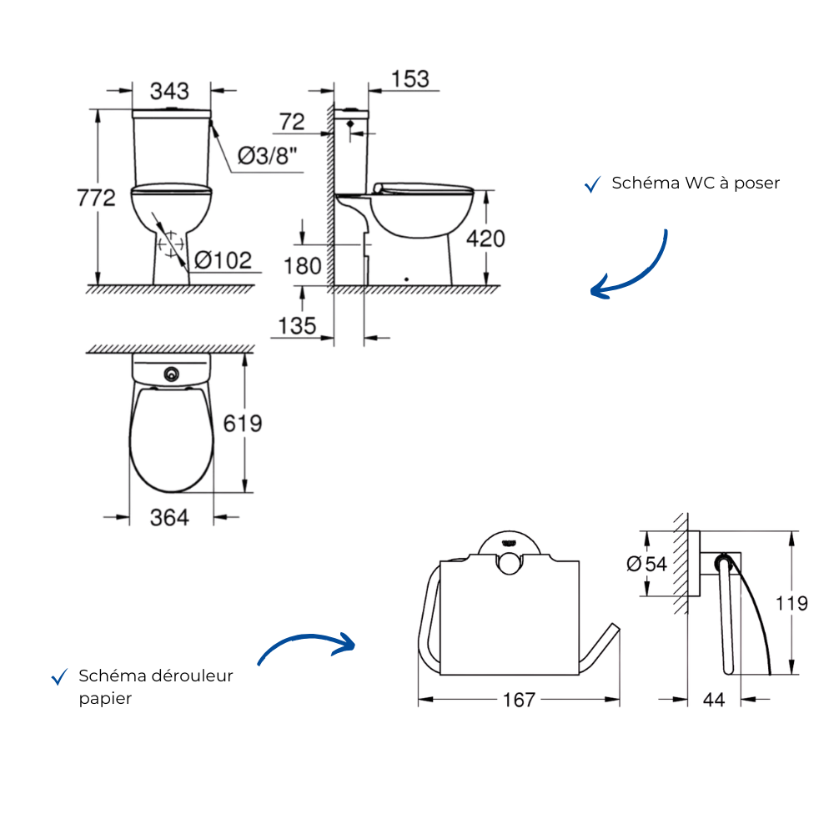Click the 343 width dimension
[169, 91]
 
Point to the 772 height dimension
[96, 198]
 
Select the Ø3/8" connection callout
[267, 156]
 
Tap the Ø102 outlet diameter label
[223, 260]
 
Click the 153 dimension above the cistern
[410, 78]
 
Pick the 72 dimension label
[292, 122]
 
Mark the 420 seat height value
[485, 239]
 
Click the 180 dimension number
[302, 266]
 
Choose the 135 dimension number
[298, 325]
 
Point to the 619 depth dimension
[243, 424]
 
